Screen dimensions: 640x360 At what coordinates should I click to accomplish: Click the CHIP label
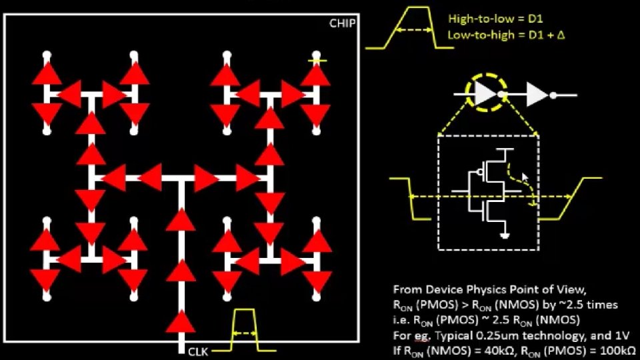tap(343, 23)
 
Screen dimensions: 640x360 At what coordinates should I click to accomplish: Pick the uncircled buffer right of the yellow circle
tap(537, 95)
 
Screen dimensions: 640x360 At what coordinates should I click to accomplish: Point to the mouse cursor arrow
tap(525, 178)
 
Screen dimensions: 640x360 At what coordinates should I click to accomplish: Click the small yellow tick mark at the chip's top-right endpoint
tap(317, 61)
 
